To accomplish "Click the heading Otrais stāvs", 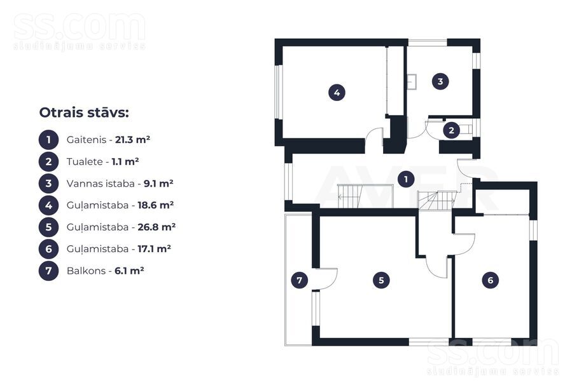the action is (x=84, y=112).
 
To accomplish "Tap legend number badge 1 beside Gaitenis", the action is (x=48, y=140).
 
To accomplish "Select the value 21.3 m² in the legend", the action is (x=132, y=140).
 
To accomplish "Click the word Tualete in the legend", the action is (x=85, y=161).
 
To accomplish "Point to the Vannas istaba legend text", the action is (x=101, y=183).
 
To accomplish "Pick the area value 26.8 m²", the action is (x=157, y=227).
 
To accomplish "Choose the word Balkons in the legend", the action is (x=86, y=271).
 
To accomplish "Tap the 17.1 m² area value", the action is (x=155, y=249).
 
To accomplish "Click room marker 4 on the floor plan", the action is (x=337, y=92).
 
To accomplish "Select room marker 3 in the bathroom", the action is (x=440, y=81).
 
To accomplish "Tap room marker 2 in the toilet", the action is (x=451, y=130).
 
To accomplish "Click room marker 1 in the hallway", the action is (x=406, y=179).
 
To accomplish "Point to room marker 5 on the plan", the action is (x=381, y=280).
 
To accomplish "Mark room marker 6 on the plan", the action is (x=491, y=280).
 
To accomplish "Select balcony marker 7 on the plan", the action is (x=299, y=280).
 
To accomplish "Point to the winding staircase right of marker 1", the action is (x=436, y=200).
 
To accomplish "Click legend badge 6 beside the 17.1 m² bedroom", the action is (x=48, y=249).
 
